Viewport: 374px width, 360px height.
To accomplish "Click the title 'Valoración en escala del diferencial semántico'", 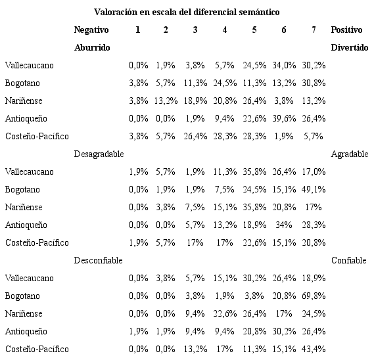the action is [187, 12].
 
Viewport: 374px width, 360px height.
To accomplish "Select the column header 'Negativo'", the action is [91, 30].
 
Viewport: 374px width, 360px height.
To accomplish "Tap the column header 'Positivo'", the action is [347, 30].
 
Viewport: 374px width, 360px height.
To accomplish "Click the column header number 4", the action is [225, 30].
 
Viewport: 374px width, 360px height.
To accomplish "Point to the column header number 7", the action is [312, 30].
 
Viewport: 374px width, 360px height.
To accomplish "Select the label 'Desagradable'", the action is [99, 154].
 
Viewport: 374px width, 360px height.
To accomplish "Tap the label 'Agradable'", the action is [349, 154].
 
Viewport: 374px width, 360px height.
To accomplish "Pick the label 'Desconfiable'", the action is [98, 260].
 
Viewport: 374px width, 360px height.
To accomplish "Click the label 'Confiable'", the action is [349, 260].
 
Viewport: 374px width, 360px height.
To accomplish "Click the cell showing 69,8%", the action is [312, 296].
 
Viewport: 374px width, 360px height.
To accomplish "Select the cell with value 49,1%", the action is [312, 189].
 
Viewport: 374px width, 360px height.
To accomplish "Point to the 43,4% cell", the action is [312, 349].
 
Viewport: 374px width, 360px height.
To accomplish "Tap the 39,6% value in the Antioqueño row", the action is [283, 118].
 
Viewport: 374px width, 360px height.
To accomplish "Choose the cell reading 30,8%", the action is [312, 83].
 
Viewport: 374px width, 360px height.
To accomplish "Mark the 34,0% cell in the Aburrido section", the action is [283, 65].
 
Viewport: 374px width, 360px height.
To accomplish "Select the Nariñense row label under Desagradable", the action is [24, 207].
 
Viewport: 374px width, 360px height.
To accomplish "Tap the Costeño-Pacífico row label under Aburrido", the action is [36, 136].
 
